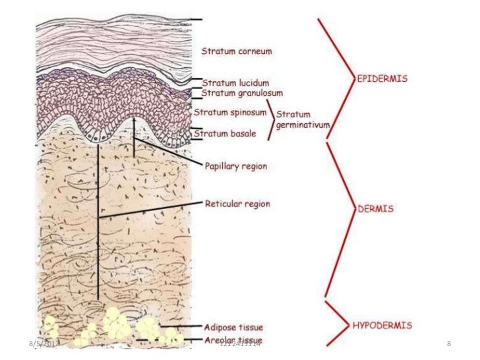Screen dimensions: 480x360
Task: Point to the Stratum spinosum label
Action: [229, 112]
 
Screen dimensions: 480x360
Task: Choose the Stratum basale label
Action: [225, 134]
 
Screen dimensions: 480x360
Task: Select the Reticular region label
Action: [238, 204]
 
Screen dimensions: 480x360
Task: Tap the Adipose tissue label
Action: [233, 327]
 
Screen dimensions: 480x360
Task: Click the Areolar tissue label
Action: [231, 340]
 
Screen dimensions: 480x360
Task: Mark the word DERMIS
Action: [376, 208]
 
